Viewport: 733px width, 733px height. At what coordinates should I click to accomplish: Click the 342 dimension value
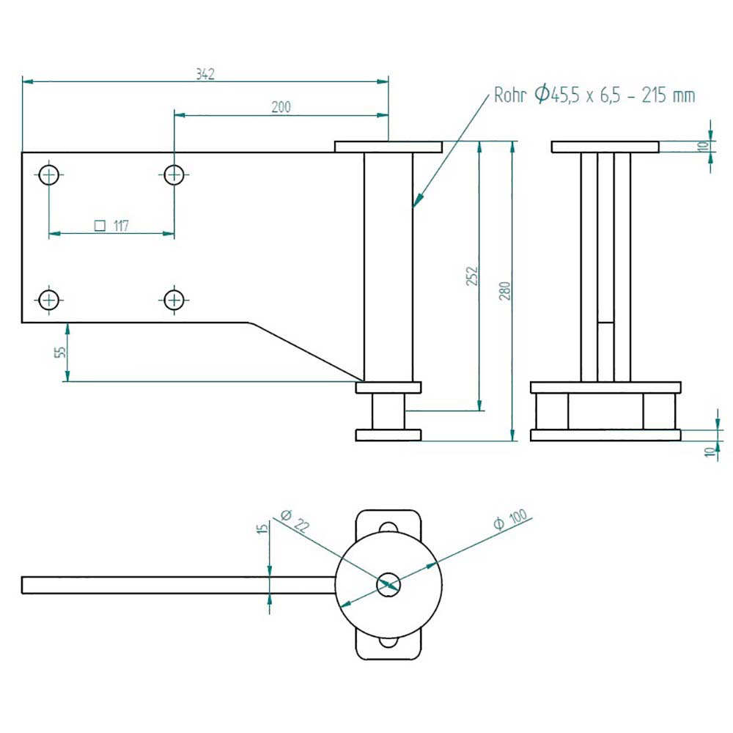tap(205, 74)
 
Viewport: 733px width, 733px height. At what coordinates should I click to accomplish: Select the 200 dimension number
tap(281, 107)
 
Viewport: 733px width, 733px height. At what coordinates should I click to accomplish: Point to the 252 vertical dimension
tap(472, 276)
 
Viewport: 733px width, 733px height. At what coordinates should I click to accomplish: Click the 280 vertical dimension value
tap(505, 291)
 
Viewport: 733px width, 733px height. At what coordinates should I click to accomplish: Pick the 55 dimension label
tap(61, 351)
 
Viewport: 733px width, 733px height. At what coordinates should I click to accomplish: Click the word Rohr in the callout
tap(510, 95)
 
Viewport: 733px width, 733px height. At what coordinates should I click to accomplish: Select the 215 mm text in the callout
tap(668, 95)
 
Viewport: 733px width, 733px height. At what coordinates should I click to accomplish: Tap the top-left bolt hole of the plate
tap(49, 175)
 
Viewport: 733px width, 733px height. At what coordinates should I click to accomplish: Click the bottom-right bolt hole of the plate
tap(174, 299)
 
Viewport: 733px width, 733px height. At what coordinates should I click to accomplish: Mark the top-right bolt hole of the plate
tap(174, 175)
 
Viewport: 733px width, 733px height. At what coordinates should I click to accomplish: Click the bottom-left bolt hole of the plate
tap(49, 299)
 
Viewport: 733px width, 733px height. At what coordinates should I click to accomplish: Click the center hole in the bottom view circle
tap(388, 584)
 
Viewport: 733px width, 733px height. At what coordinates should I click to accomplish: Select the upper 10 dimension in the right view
tap(703, 146)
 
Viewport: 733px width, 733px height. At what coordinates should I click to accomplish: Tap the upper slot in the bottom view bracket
tap(388, 527)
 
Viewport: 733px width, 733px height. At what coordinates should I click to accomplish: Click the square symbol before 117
tap(100, 226)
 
